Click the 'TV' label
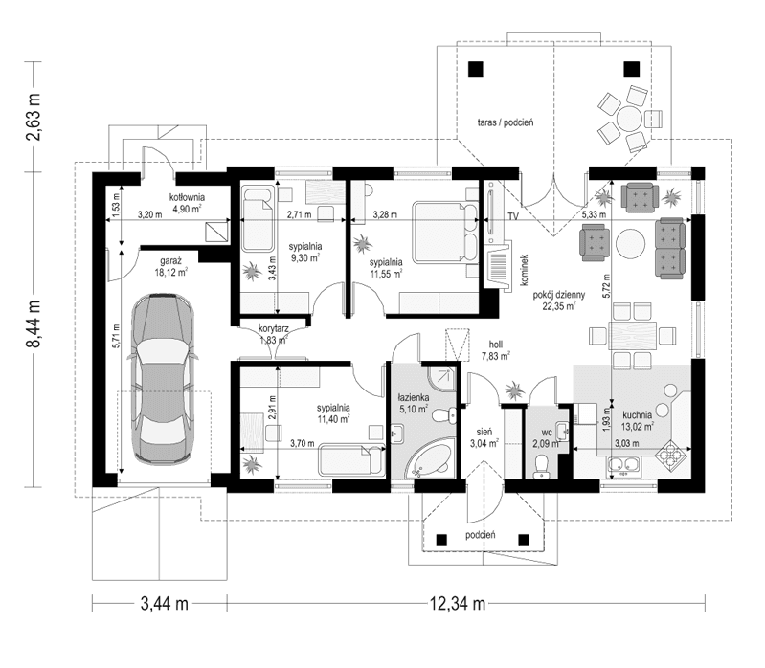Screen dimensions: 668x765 click(x=513, y=217)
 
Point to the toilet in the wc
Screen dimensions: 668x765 click(x=542, y=463)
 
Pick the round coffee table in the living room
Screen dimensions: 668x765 click(x=630, y=245)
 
